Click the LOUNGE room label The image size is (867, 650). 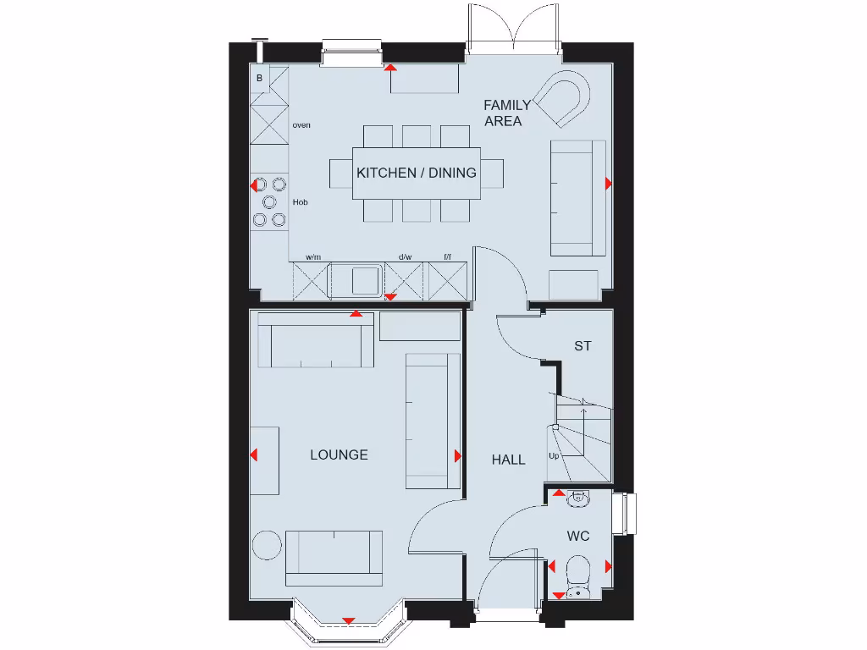(339, 455)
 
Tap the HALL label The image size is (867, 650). (509, 460)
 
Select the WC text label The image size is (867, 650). (578, 537)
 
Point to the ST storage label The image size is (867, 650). (583, 346)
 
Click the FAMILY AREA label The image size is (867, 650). (506, 113)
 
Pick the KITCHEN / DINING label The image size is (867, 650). (416, 173)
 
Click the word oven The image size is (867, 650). (301, 125)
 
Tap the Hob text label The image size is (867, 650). (300, 203)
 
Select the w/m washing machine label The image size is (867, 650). (313, 256)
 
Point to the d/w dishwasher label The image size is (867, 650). (405, 256)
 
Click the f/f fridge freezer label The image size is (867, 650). (447, 256)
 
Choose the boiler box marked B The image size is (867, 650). (260, 79)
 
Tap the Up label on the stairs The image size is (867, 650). (555, 456)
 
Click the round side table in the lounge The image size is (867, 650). (267, 544)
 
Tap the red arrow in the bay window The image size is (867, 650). (347, 621)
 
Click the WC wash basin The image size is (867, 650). (578, 500)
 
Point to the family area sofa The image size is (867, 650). (577, 198)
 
